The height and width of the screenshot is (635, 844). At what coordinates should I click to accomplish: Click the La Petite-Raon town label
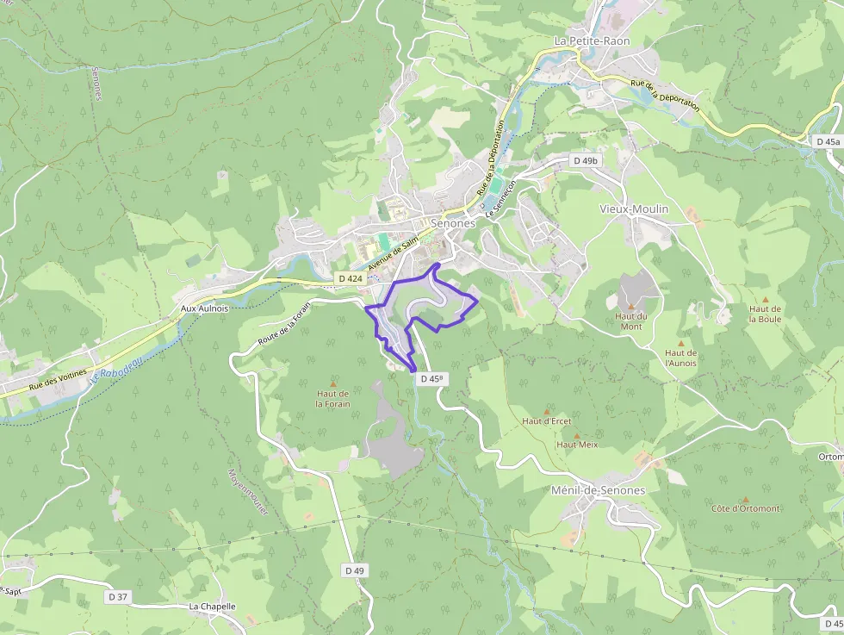click(592, 40)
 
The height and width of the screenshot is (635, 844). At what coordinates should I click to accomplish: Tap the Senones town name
click(452, 223)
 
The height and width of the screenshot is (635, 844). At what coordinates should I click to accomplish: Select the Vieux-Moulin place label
click(633, 209)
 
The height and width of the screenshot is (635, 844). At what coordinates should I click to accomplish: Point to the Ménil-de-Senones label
click(597, 490)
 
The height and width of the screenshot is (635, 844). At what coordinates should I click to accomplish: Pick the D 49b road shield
click(585, 160)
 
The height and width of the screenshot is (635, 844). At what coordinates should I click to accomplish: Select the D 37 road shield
click(118, 596)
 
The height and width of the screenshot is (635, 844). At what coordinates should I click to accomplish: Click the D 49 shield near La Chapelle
click(355, 570)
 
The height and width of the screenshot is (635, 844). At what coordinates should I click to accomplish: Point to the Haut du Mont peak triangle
click(630, 306)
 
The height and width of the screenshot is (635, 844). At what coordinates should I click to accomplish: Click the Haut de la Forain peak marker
click(333, 383)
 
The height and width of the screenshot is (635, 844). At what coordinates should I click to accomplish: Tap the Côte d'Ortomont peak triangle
click(745, 499)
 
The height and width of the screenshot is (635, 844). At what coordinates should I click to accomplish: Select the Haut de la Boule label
click(764, 314)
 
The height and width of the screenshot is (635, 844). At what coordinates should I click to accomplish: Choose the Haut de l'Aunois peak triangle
click(680, 343)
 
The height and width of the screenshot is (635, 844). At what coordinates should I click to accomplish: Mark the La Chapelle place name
click(212, 607)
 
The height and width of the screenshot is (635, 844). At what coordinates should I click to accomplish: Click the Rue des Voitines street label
click(58, 380)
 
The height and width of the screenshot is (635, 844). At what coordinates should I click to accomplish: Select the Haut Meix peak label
click(576, 445)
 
